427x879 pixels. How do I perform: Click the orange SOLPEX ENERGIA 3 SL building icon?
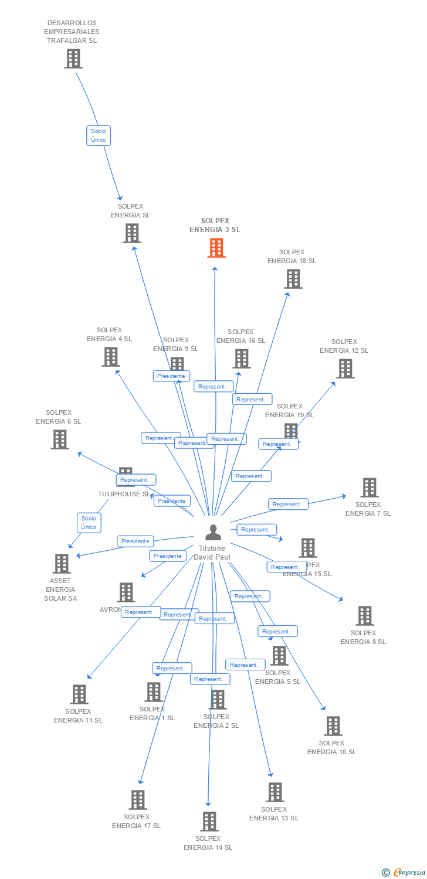click(216, 248)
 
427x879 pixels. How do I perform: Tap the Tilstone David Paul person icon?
click(213, 532)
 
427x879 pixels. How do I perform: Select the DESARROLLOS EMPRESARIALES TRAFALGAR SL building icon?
click(73, 59)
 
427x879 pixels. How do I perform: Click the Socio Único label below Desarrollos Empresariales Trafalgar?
click(99, 135)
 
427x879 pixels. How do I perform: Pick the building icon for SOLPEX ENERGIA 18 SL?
click(293, 279)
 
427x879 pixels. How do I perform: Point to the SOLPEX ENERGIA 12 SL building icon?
click(345, 369)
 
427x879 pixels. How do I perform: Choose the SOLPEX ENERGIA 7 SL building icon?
click(369, 488)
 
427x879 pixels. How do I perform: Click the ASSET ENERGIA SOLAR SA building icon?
click(61, 564)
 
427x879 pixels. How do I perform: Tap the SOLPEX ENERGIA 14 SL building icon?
click(209, 822)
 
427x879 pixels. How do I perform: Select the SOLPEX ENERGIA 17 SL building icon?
click(137, 800)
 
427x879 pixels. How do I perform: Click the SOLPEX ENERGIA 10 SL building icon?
click(333, 726)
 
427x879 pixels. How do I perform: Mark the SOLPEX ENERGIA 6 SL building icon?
click(59, 439)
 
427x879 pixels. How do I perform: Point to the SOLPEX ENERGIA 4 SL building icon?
click(110, 357)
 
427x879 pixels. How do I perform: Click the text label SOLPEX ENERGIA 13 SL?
click(273, 814)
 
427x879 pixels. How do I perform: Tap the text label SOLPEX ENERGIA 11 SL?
click(78, 716)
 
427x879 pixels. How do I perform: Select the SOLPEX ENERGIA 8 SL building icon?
click(364, 616)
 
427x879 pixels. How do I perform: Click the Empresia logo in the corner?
click(404, 873)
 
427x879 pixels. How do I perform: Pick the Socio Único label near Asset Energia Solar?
click(89, 523)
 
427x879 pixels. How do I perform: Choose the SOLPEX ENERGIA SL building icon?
click(132, 233)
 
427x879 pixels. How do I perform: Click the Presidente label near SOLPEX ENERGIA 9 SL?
click(172, 376)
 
